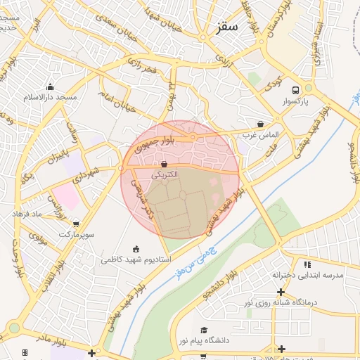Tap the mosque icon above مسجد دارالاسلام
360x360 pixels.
tap(50, 87)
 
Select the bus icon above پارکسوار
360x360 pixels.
tap(295, 90)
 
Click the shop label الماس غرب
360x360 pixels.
tap(261, 134)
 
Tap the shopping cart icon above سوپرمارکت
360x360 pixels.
tap(76, 224)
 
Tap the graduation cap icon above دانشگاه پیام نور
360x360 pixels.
tap(204, 330)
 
